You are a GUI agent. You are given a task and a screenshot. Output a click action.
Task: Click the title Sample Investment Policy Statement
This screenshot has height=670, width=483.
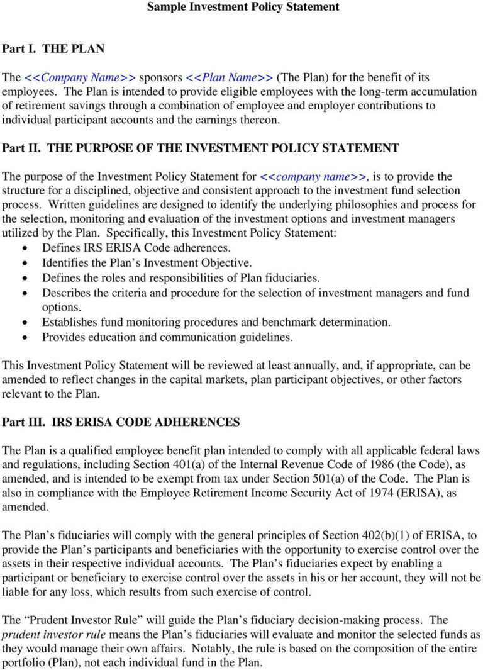point(243,8)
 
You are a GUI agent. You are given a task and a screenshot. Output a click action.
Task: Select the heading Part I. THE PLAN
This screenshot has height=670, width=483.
point(53,48)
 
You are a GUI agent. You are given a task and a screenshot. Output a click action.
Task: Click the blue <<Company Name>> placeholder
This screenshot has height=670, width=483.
point(80,78)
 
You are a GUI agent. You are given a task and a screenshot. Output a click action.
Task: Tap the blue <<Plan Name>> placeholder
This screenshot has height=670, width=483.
point(230,78)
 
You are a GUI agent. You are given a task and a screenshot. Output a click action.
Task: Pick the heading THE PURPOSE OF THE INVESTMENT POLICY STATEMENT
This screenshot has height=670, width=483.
point(223,148)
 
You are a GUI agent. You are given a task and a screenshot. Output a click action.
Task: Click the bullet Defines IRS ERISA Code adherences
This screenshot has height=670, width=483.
point(136,248)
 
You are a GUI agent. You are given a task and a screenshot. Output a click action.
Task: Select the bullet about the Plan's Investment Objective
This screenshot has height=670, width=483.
point(147,263)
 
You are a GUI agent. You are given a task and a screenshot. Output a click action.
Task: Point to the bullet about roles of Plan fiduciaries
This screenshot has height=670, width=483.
point(181,277)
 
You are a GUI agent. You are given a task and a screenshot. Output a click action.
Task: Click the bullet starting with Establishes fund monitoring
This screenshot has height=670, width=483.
point(216,322)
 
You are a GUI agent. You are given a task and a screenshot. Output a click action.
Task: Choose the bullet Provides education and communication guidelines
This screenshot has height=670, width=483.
point(167,337)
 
